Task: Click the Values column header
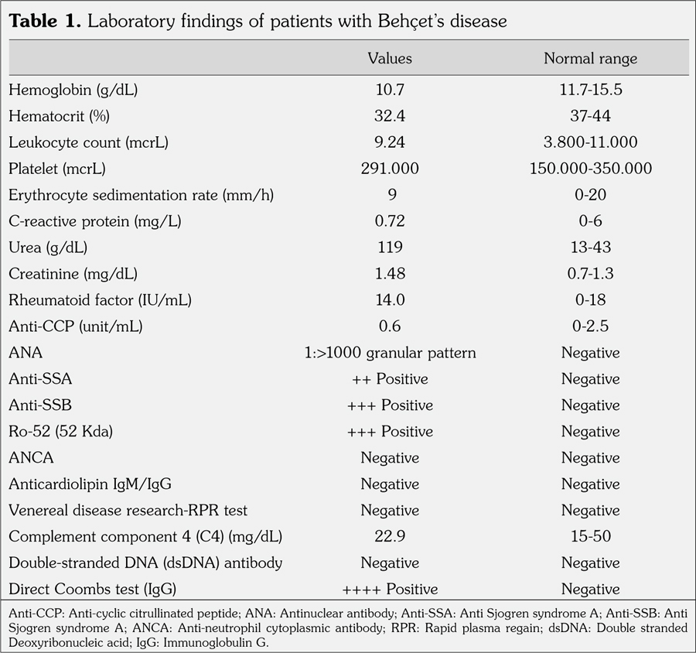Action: [x=390, y=59]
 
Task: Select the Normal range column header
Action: [x=590, y=59]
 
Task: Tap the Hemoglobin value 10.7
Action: [x=390, y=90]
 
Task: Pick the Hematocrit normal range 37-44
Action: [x=590, y=116]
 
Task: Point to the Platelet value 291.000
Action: [x=390, y=169]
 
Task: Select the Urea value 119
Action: [x=390, y=248]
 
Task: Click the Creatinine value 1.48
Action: [x=390, y=274]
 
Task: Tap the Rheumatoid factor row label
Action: [x=89, y=300]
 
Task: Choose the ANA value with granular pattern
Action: [x=390, y=353]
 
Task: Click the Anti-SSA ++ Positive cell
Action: [x=390, y=379]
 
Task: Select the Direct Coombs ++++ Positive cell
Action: [x=390, y=590]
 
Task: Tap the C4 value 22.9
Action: [x=390, y=537]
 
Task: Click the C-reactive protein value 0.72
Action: [x=390, y=221]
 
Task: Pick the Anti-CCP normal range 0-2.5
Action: [x=590, y=326]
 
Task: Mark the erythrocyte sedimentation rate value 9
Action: [x=390, y=195]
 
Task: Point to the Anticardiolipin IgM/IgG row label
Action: [x=90, y=484]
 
